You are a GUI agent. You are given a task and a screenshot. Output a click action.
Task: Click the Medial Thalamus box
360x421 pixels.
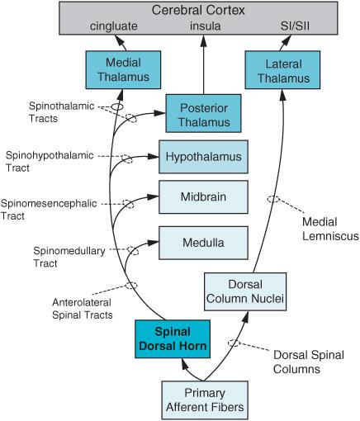(x=123, y=70)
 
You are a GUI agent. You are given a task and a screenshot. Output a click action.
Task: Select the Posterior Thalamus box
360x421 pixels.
(x=203, y=113)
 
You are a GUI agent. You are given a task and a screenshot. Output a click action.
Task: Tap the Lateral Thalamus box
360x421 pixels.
(x=282, y=70)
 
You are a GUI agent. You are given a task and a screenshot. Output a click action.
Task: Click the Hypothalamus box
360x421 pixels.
(x=203, y=157)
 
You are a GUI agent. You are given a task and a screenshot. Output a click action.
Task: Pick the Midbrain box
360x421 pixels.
(x=203, y=197)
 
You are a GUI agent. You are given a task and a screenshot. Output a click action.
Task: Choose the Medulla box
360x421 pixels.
(x=203, y=243)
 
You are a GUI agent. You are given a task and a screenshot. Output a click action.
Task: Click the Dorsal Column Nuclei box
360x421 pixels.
(x=245, y=291)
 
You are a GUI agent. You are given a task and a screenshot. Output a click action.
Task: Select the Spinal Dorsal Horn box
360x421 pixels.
(x=173, y=339)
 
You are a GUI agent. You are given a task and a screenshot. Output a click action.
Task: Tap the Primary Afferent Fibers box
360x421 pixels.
(x=205, y=400)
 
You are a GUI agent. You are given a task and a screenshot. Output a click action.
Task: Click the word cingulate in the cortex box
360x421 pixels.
(x=114, y=26)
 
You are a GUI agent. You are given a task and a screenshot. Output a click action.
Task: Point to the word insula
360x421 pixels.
(x=206, y=26)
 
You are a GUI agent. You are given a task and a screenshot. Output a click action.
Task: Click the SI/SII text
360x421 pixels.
(x=295, y=26)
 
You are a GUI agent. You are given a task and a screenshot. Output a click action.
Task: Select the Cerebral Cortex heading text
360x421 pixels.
(x=198, y=11)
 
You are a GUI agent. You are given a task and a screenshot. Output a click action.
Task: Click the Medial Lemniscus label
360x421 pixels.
(x=330, y=229)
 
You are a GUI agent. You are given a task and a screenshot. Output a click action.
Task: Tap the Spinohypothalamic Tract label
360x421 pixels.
(x=50, y=162)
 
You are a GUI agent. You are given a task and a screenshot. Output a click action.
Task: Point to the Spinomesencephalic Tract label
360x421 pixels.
(x=49, y=210)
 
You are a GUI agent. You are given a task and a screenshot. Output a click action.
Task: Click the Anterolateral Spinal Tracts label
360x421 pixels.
(x=83, y=309)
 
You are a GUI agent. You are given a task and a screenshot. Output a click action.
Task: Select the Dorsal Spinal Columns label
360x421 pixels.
(x=309, y=362)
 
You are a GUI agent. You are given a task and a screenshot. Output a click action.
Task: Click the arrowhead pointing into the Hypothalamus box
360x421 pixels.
(x=153, y=157)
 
